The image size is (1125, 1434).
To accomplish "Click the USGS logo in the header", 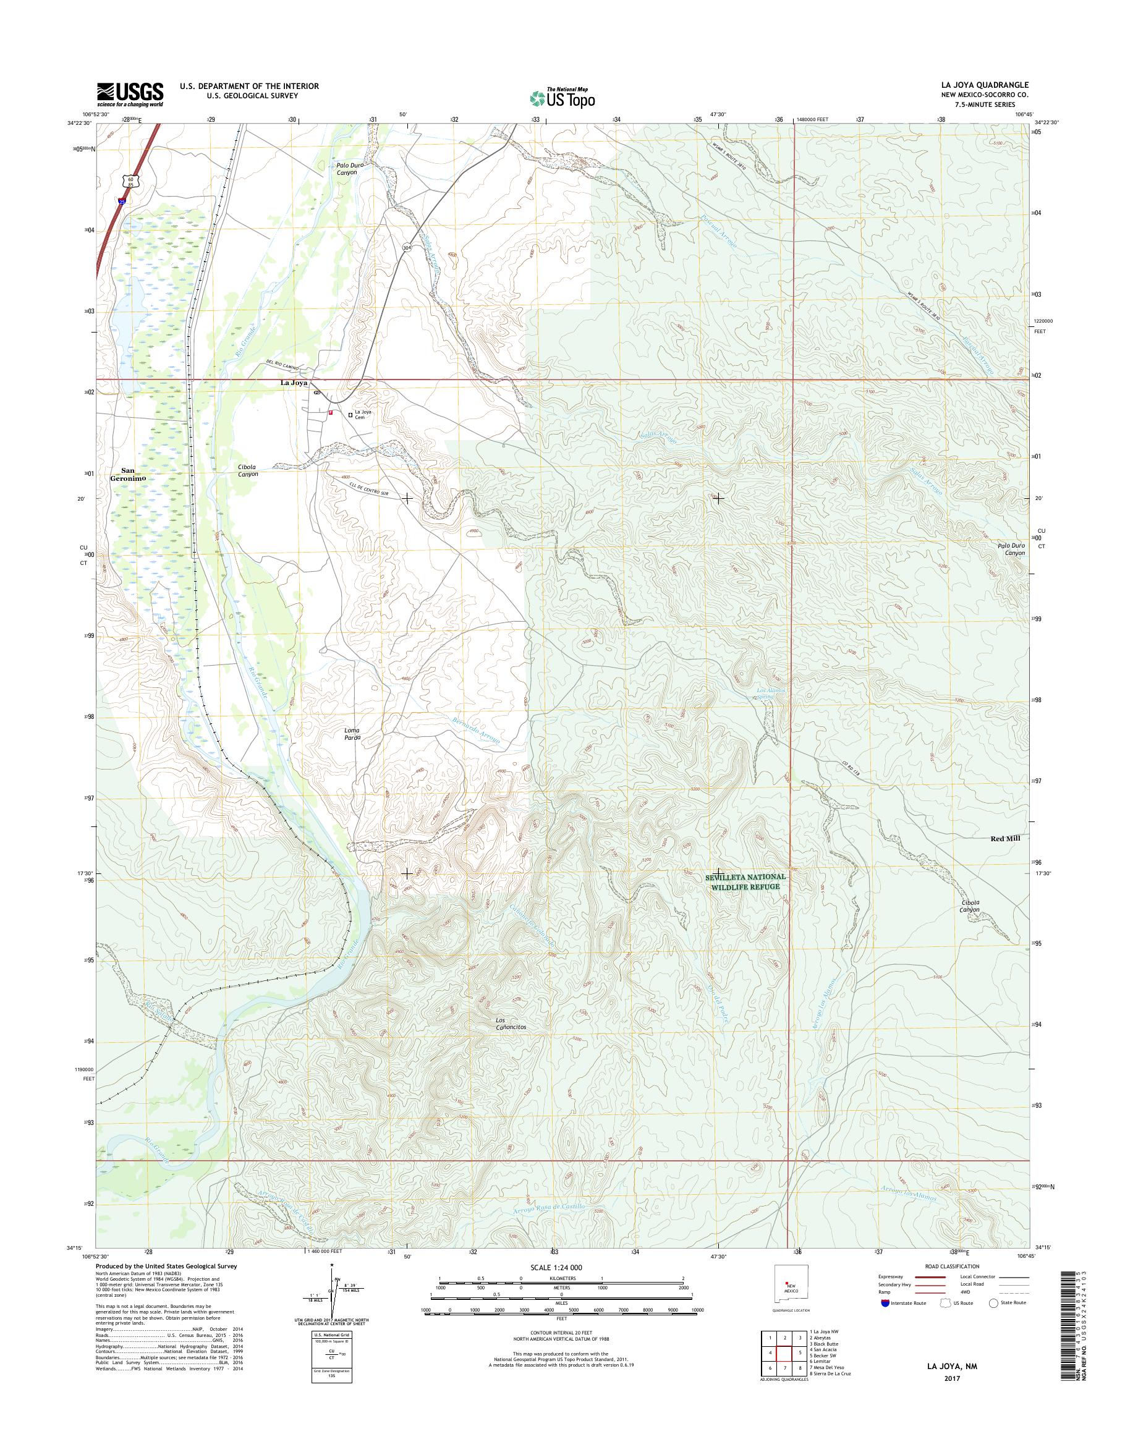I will coord(130,94).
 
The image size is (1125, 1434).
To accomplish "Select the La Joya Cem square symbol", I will coord(350,414).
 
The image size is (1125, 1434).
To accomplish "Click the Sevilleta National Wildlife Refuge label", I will coord(745,881).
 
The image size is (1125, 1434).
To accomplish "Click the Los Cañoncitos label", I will coord(511,1042).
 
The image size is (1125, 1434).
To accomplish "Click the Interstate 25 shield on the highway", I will coord(123,201).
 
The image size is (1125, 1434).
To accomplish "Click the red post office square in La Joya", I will coord(331,412).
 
